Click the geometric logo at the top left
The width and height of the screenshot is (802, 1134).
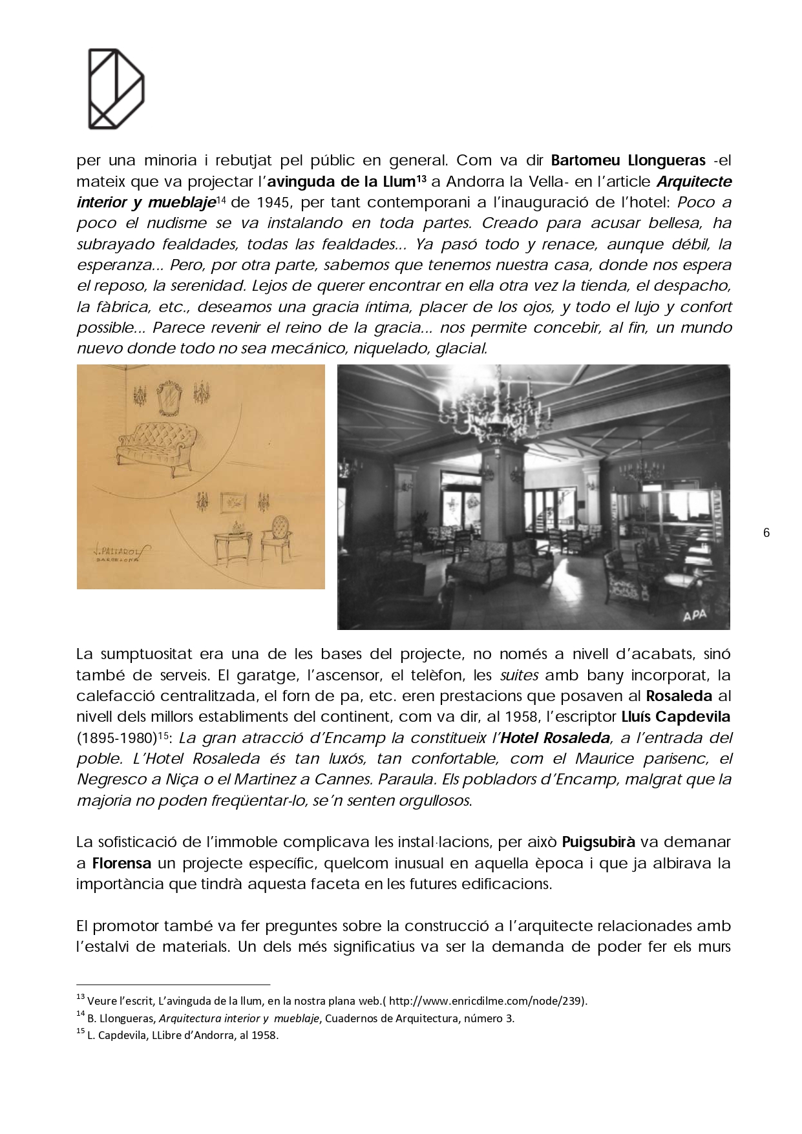[x=116, y=88]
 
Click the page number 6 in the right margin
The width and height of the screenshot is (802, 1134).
[x=766, y=533]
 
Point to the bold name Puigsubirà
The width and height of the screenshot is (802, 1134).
[x=598, y=842]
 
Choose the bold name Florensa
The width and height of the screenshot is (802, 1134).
[x=121, y=863]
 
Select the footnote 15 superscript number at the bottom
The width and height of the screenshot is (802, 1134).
[x=80, y=1032]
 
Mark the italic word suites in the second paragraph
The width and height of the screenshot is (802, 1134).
[x=520, y=677]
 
